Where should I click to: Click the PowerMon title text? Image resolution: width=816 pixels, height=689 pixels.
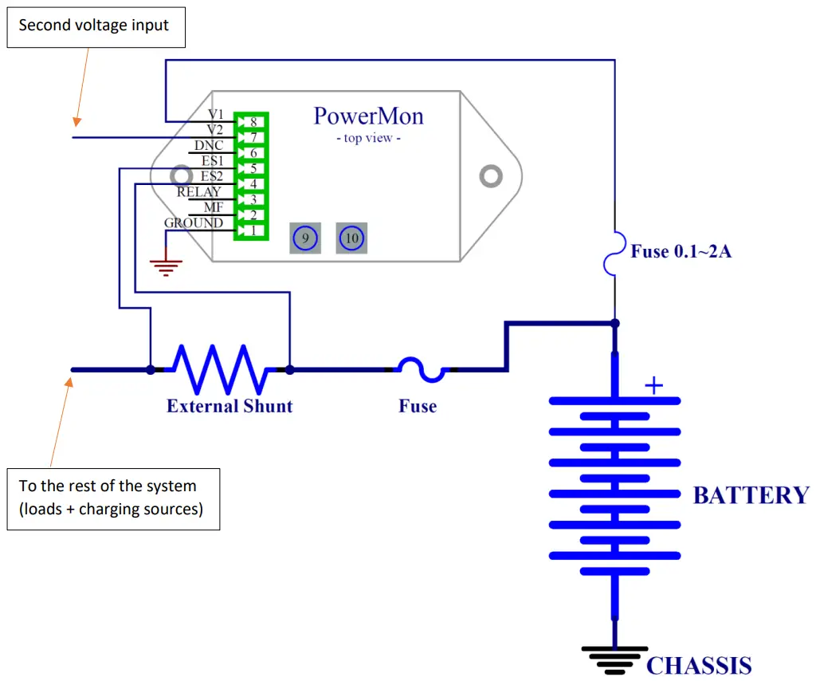coord(368,116)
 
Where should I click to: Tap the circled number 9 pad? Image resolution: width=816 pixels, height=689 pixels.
coord(304,238)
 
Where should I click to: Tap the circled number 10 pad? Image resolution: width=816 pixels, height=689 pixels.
coord(351,238)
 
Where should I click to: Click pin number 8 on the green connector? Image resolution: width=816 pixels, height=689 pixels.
coord(252,122)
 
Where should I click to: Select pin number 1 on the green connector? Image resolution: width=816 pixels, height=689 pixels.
coord(252,230)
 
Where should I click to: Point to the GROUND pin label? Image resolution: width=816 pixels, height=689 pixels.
coord(194,223)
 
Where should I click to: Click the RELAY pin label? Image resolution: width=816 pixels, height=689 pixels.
coord(198,192)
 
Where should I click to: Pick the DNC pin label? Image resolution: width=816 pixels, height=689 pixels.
coord(209,146)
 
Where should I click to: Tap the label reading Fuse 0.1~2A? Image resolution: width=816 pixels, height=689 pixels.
coord(681,252)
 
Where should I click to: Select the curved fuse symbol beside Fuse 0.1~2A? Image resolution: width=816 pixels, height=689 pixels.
coord(614,253)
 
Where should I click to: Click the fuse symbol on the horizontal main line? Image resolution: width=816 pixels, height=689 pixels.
coord(422,369)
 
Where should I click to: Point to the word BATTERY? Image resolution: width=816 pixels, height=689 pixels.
coord(751,495)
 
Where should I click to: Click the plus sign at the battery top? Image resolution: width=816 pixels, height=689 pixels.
coord(653,387)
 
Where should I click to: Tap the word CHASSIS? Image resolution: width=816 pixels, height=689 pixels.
coord(698,666)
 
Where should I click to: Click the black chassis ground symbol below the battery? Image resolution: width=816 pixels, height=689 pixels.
coord(614,659)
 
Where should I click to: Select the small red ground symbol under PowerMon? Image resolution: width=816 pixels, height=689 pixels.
coord(166,266)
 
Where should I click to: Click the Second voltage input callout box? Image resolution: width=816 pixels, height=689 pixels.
coord(94,26)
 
